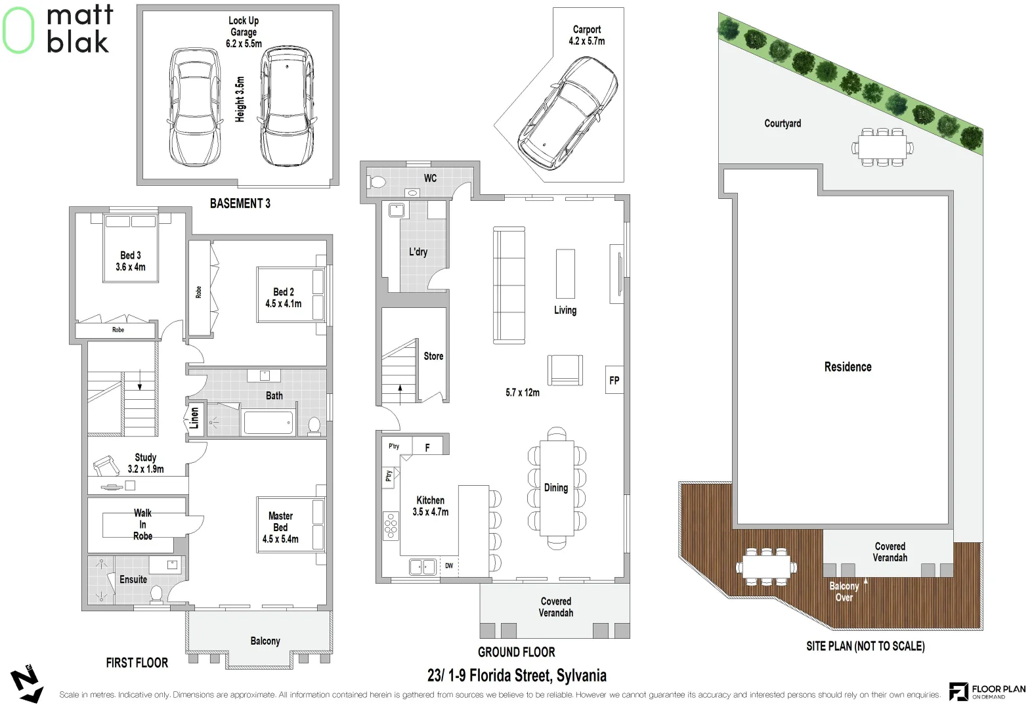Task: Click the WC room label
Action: click(430, 178)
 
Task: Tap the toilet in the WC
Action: click(377, 182)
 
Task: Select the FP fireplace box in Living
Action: click(614, 380)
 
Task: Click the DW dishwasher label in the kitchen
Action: click(449, 565)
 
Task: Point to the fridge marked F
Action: click(427, 447)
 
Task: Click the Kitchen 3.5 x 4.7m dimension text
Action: click(430, 506)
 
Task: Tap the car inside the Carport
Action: click(568, 112)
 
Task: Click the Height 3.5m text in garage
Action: click(240, 99)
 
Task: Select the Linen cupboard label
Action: click(194, 418)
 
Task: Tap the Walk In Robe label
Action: click(142, 525)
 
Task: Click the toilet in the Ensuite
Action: click(156, 594)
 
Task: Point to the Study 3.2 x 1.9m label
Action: click(145, 463)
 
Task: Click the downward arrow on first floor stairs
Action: click(140, 380)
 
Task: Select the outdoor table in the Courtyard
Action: click(882, 148)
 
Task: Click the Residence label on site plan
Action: click(848, 367)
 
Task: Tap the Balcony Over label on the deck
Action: click(844, 591)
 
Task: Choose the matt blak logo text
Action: click(79, 29)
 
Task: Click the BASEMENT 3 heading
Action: click(240, 204)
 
